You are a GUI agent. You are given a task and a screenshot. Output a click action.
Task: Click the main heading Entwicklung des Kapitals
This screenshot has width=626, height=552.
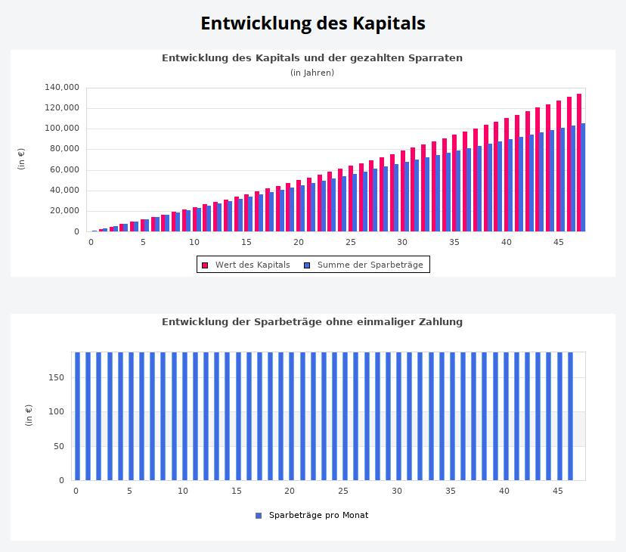(x=312, y=23)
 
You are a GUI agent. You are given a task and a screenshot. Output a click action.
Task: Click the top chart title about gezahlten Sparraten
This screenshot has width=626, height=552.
(x=312, y=57)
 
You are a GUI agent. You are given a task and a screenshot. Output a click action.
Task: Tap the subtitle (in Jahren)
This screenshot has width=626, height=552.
(x=312, y=73)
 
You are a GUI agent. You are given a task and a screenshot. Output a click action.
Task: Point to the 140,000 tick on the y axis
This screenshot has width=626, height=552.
(x=62, y=87)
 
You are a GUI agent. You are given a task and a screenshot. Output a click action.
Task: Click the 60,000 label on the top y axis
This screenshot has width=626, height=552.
(x=64, y=169)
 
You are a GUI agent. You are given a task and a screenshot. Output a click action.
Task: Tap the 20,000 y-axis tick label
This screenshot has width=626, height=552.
(x=64, y=211)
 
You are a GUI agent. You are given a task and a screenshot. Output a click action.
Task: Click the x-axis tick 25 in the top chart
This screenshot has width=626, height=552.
(x=350, y=242)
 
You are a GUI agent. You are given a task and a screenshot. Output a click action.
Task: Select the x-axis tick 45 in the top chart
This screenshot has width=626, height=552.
(x=558, y=242)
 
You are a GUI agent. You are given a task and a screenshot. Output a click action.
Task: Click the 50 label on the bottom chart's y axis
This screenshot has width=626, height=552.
(x=59, y=446)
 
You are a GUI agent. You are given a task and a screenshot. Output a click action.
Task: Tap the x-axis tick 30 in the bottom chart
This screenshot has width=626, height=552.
(x=397, y=491)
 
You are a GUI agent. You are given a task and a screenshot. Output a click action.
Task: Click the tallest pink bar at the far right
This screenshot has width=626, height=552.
(x=579, y=163)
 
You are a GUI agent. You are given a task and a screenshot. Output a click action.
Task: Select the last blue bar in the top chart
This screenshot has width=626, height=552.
(x=583, y=178)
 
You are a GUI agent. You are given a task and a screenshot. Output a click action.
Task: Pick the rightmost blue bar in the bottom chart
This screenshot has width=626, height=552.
(x=570, y=416)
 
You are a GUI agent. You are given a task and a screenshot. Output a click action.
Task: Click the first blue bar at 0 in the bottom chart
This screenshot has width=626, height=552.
(x=77, y=416)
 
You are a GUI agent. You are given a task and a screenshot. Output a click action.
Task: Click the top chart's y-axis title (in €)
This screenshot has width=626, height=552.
(x=22, y=159)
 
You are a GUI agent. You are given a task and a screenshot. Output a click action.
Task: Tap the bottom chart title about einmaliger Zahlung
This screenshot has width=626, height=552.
(x=312, y=321)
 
